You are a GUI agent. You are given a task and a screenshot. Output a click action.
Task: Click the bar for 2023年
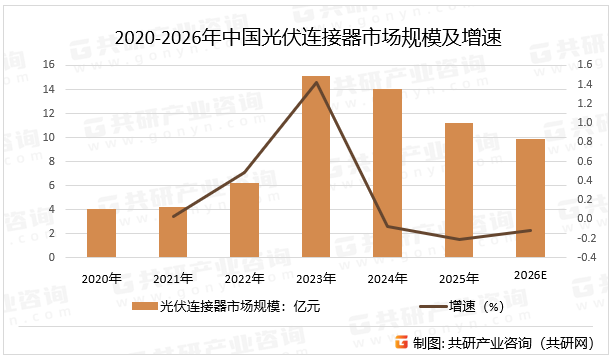316,166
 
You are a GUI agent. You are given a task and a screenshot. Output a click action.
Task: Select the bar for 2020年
101,233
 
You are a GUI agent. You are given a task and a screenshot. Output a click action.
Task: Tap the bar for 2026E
531,198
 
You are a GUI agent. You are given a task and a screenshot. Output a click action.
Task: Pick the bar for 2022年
244,220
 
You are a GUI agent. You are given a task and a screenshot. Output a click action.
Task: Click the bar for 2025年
459,190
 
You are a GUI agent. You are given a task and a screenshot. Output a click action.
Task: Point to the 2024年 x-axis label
388,277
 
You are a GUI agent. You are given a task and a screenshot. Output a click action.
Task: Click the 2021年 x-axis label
173,277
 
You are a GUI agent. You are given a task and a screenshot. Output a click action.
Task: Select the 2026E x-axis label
531,276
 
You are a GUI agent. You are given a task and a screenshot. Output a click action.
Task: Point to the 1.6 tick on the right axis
583,65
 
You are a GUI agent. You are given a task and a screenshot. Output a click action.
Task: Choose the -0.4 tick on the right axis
581,257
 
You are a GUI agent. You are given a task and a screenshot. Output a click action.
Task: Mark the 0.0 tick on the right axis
583,218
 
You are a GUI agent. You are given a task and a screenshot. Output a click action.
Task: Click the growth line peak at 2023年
316,82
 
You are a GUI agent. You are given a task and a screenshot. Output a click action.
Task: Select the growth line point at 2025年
459,239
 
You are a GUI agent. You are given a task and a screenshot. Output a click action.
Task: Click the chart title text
307,38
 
